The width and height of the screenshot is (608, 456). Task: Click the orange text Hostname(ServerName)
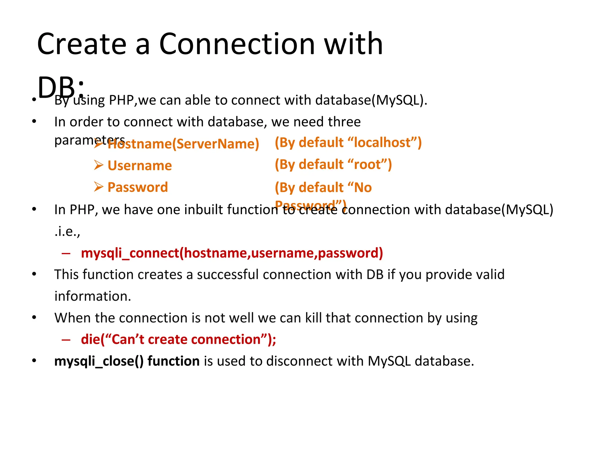[x=183, y=144]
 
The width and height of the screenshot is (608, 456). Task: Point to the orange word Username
[x=140, y=166]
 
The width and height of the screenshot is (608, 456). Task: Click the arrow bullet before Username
[x=99, y=165]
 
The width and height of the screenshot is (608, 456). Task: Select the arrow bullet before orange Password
[x=99, y=187]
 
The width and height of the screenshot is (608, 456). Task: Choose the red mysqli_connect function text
[x=232, y=253]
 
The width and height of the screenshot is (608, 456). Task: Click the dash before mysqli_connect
[x=66, y=253]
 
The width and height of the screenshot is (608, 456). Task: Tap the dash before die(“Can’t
[x=66, y=340]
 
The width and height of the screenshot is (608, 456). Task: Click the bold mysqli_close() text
[x=99, y=361]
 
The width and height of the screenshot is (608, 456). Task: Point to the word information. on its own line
[x=93, y=296]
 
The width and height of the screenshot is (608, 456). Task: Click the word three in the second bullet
[x=344, y=122]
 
